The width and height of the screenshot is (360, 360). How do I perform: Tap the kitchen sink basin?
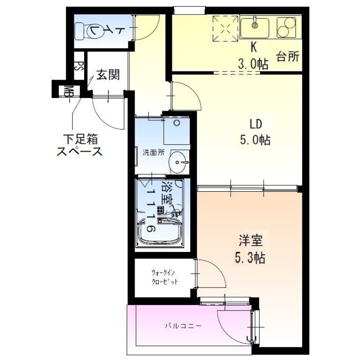255,27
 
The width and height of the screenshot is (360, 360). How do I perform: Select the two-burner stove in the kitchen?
287,28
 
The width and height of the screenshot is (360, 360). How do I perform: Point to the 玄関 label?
108,74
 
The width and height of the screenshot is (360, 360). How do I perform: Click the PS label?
79,67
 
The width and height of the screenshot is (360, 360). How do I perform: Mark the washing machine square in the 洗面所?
176,130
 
